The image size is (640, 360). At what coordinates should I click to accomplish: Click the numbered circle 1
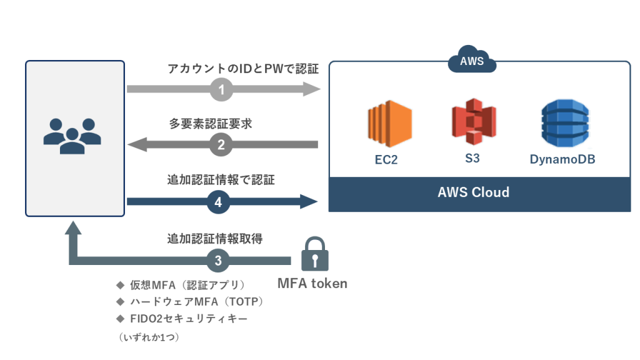[x=221, y=89]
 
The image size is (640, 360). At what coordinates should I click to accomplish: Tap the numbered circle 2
[x=221, y=145]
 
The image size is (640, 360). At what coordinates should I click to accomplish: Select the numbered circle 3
[x=218, y=260]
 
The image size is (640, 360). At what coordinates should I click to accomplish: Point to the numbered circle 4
[x=218, y=202]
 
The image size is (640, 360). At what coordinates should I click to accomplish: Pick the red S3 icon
[x=473, y=122]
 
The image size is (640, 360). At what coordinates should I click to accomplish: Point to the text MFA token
[x=312, y=284]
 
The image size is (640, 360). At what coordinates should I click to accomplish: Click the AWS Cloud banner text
[x=473, y=192]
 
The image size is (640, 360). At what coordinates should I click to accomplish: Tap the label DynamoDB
[x=562, y=159]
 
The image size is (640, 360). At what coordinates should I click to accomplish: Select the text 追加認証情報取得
[x=215, y=238]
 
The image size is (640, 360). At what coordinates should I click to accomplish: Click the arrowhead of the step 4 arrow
[x=310, y=202]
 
